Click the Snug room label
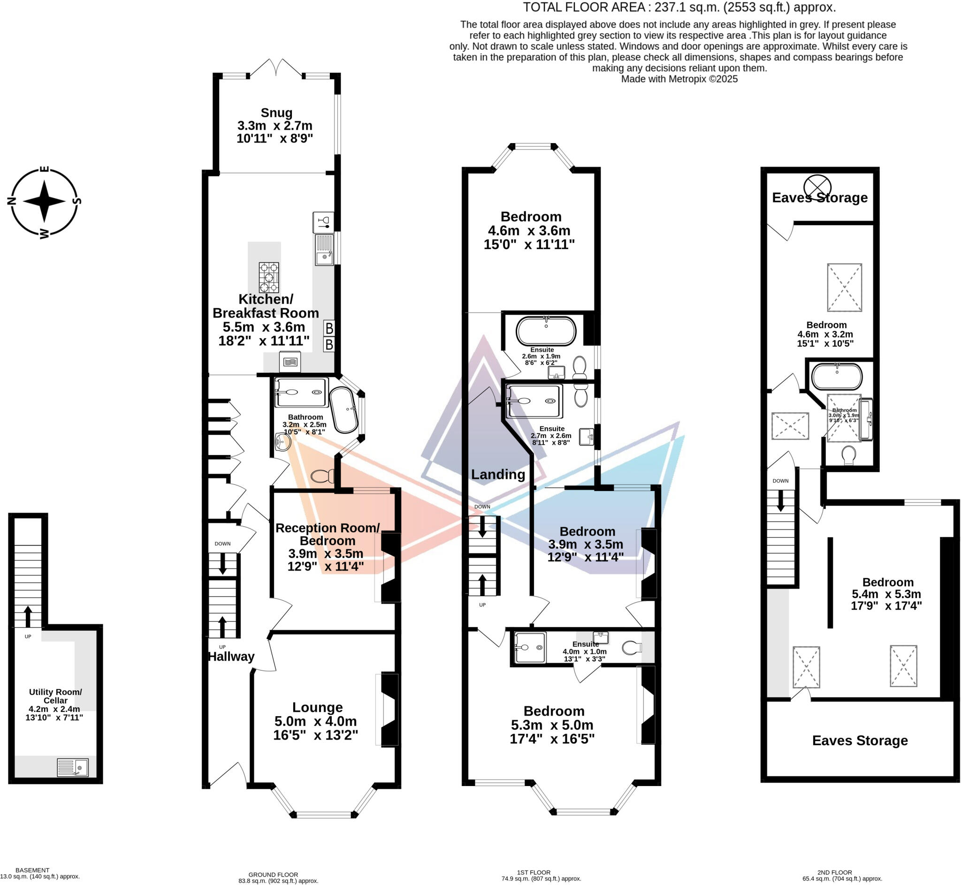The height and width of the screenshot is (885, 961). tap(276, 113)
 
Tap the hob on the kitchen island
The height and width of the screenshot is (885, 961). tap(269, 277)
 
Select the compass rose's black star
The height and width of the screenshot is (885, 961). tap(44, 202)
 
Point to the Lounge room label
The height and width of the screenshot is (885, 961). tap(317, 707)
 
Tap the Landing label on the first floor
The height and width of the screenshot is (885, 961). tap(498, 475)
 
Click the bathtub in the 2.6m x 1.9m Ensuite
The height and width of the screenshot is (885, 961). tap(546, 331)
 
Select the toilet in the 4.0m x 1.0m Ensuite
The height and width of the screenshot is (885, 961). tap(632, 649)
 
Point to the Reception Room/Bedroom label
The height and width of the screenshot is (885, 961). tap(327, 535)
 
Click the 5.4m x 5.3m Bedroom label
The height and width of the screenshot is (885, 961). tap(887, 582)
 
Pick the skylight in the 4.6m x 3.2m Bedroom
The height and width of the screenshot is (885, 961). tap(844, 287)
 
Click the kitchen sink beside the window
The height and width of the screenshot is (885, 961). tap(324, 249)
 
